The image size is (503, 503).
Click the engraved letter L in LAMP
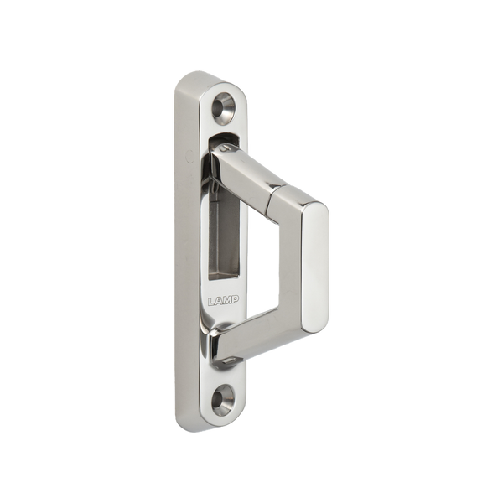[x=211, y=301]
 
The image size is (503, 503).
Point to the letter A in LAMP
[x=219, y=301]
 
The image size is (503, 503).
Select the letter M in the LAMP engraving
[x=227, y=300]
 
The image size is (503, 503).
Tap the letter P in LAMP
[x=235, y=299]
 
